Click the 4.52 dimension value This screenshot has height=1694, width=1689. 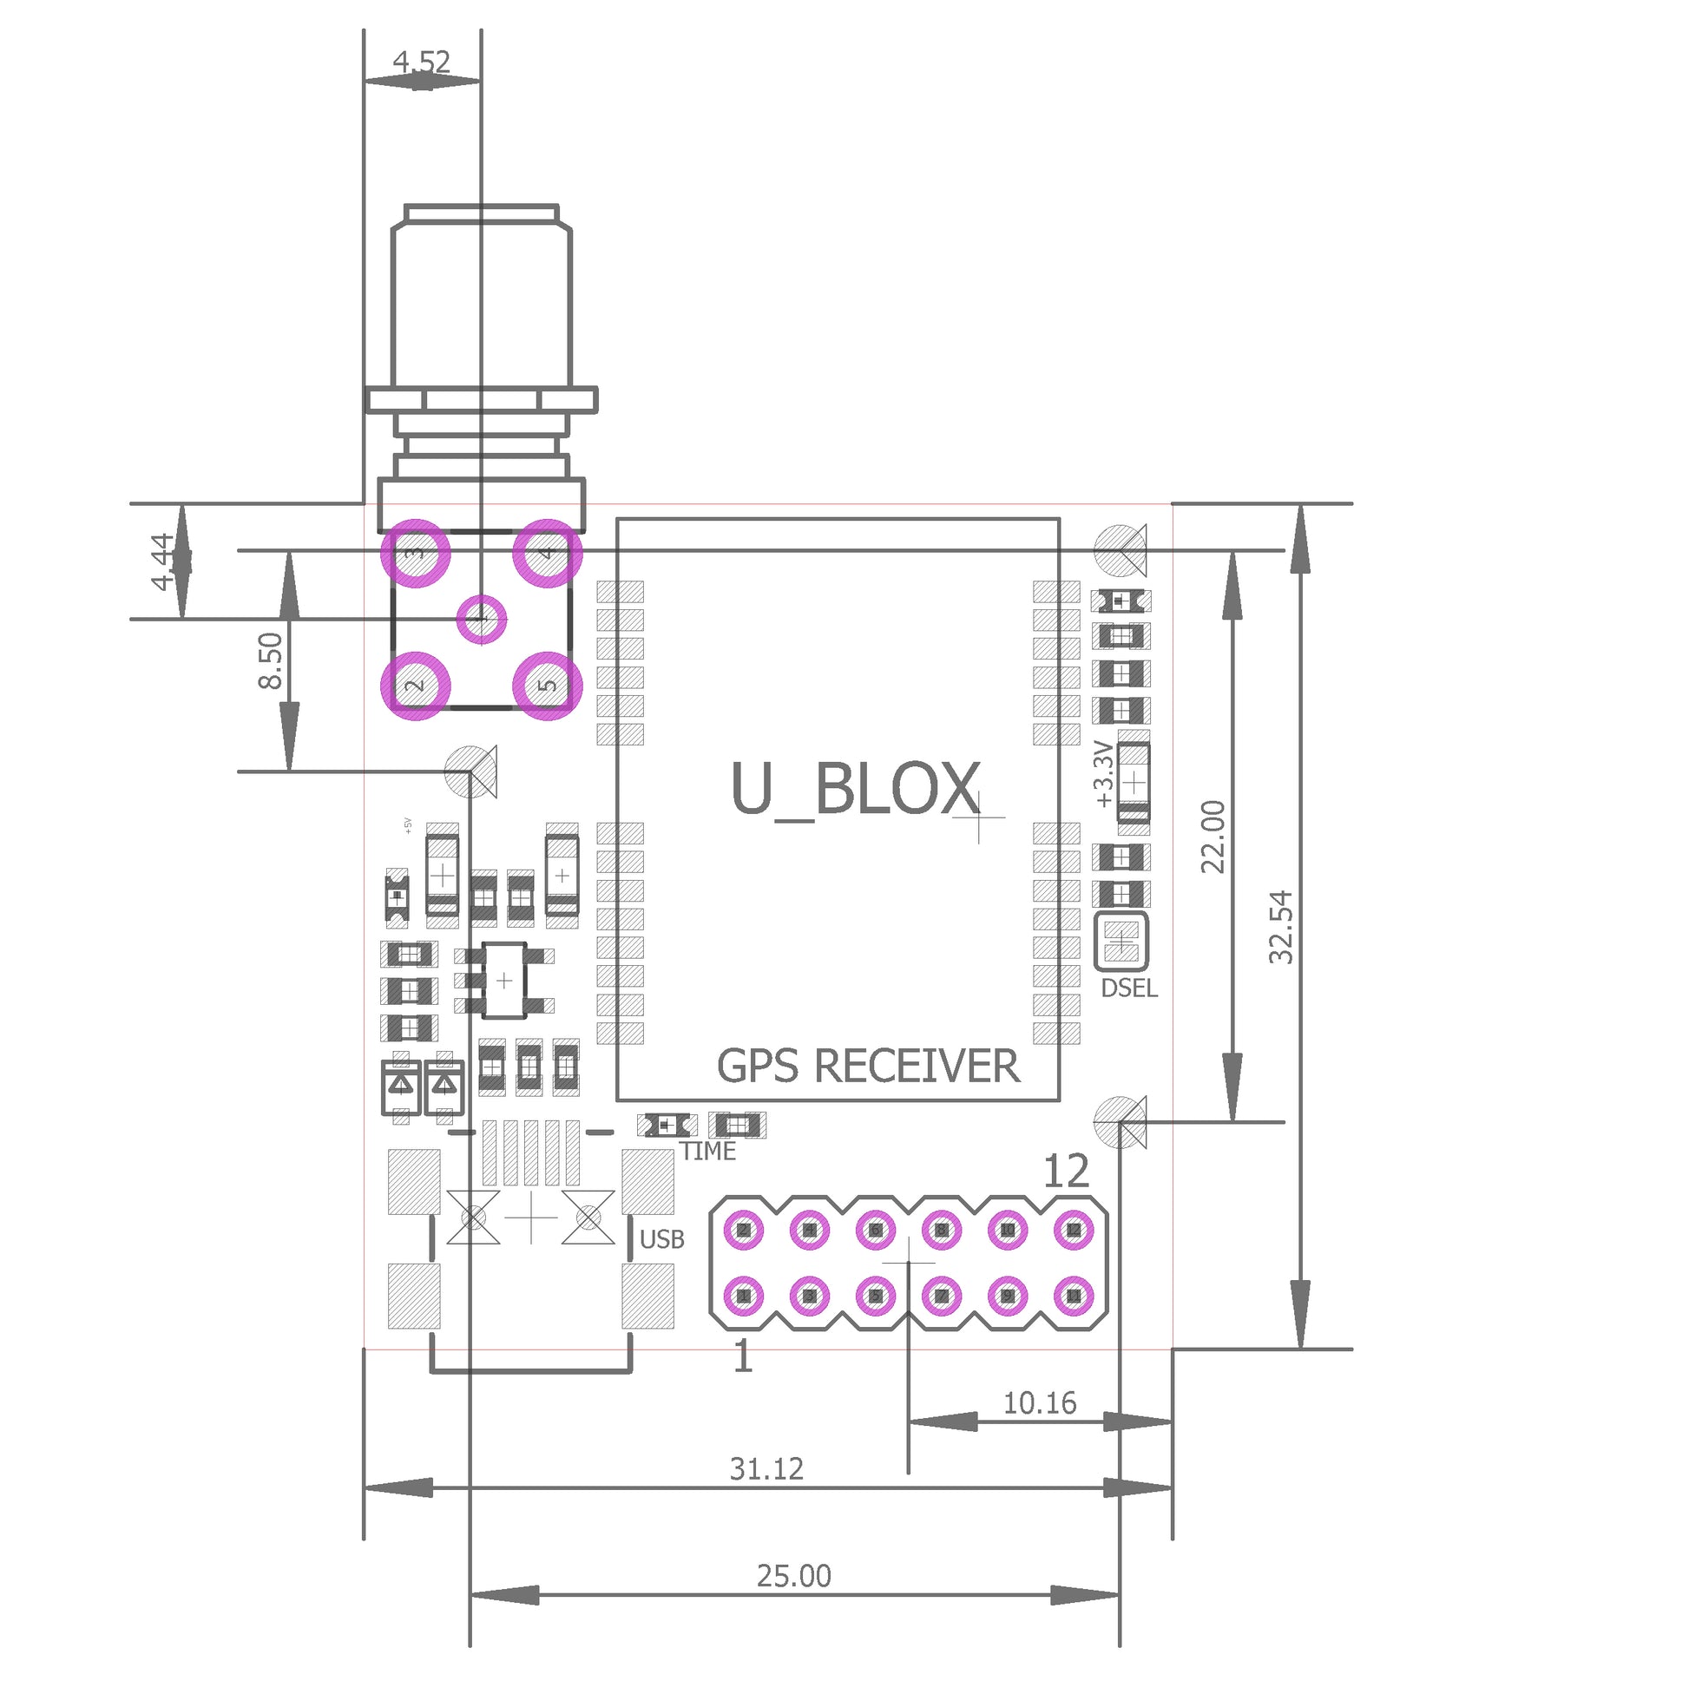[422, 62]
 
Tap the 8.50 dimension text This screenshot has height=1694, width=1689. [271, 662]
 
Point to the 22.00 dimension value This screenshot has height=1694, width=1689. [1213, 837]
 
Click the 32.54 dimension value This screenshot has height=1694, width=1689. [1282, 928]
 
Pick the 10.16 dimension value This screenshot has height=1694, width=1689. [1040, 1404]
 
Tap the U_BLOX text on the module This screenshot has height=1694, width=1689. [856, 789]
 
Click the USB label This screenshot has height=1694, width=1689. [662, 1240]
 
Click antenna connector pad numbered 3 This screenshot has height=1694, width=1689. [416, 554]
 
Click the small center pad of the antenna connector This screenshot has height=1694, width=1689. [482, 620]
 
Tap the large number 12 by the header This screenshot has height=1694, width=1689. [1067, 1172]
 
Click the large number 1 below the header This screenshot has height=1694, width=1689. [743, 1357]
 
